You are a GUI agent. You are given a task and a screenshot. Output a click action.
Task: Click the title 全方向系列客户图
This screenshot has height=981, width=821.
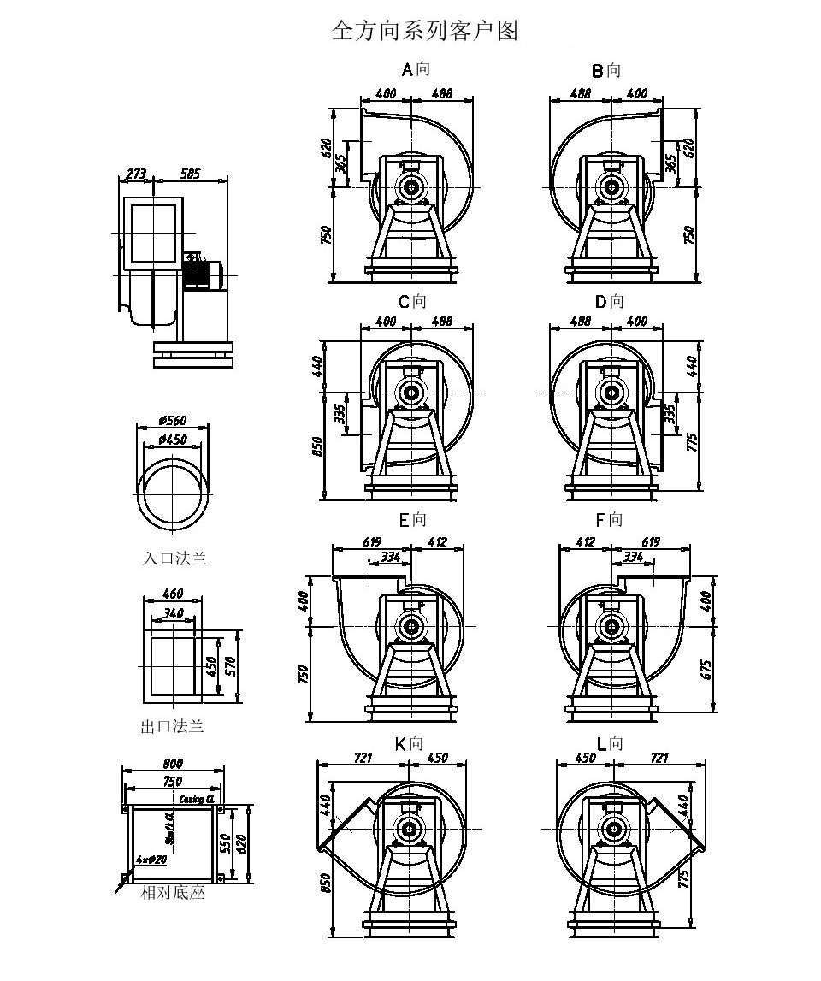pos(424,32)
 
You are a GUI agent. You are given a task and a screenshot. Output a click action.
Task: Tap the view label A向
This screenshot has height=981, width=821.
pos(416,69)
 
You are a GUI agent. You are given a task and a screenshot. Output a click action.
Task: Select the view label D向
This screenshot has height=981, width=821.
pos(609,302)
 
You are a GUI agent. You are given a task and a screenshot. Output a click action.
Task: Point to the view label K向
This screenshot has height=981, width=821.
pos(409,744)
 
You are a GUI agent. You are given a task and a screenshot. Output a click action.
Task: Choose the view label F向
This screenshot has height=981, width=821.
pos(609,520)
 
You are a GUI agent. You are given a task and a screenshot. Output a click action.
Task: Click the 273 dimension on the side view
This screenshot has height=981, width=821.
pos(136,174)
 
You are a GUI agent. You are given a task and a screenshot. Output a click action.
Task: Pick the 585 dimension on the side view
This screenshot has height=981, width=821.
pos(189,174)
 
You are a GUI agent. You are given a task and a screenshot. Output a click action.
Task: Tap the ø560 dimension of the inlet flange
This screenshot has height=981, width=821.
pos(172,421)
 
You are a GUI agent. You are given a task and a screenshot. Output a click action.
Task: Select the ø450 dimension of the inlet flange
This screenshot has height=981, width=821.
pos(172,440)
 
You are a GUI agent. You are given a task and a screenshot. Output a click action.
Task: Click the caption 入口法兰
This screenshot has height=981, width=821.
pos(174,558)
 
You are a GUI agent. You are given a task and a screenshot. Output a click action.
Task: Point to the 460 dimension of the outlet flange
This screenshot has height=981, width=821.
pos(173,594)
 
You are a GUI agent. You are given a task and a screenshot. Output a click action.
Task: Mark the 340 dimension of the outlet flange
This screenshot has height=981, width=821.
pos(173,612)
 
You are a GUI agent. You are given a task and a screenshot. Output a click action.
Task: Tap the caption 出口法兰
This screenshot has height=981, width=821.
pos(173,727)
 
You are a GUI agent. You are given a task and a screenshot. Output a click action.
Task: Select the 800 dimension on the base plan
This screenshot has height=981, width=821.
pos(172,764)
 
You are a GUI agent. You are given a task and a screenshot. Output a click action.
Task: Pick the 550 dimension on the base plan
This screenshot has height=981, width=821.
pos(226,844)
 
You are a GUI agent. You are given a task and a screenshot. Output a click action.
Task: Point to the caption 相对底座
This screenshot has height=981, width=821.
pos(173,894)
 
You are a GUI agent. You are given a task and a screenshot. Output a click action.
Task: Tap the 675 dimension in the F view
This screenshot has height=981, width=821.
pos(709,667)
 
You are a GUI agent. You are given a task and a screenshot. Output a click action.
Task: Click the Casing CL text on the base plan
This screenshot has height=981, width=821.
pos(198,799)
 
